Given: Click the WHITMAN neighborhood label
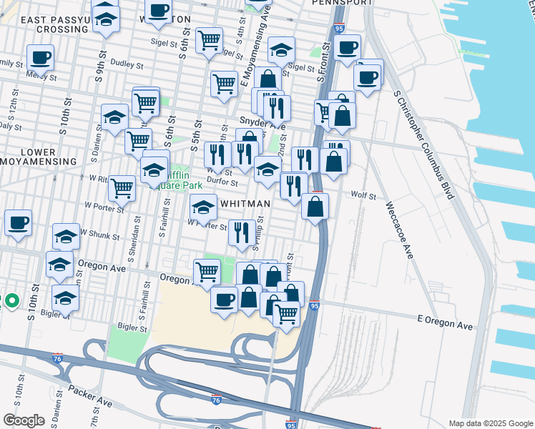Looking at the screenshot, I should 245,204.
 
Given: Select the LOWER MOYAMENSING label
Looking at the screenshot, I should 39,157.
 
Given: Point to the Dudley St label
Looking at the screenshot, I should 127,64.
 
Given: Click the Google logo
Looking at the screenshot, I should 23,420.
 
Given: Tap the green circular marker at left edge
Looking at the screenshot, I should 11,301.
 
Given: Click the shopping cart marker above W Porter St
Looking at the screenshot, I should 122,189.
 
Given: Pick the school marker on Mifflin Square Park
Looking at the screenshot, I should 154,170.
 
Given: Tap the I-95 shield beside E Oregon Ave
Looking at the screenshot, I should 315,305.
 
